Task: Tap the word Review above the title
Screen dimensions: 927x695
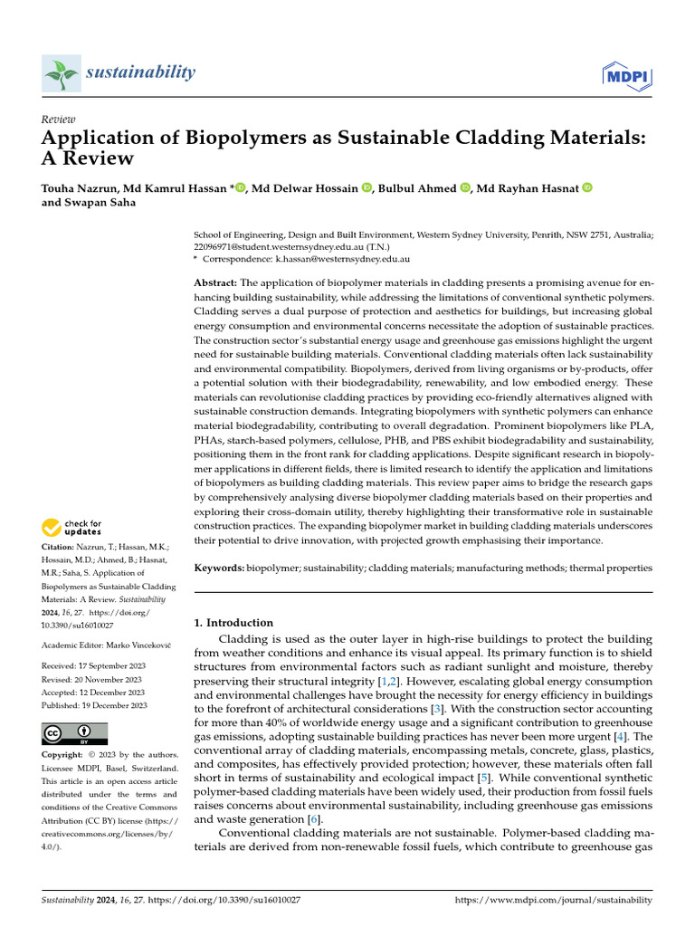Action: [59, 119]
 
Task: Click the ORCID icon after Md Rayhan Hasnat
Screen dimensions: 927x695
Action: [586, 187]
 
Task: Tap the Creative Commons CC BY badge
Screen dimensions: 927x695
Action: [74, 733]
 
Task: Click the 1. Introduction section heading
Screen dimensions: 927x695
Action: [234, 623]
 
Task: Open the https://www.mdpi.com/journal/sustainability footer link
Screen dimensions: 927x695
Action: [552, 900]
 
